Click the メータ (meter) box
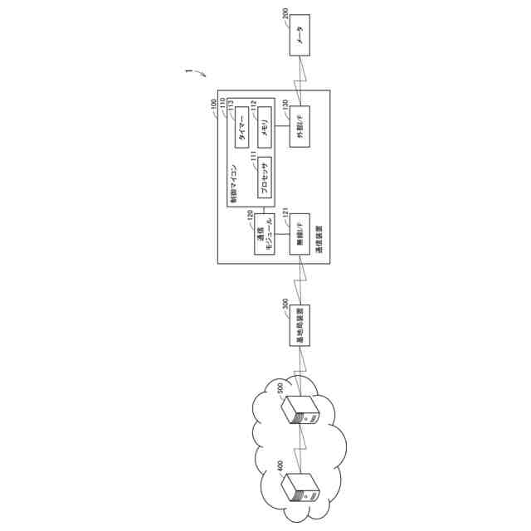click(x=300, y=36)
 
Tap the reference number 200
click(x=286, y=18)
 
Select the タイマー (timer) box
click(x=242, y=128)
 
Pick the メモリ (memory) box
click(x=264, y=128)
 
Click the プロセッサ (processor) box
click(x=264, y=177)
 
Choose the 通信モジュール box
click(x=264, y=234)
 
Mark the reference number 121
click(x=285, y=215)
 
